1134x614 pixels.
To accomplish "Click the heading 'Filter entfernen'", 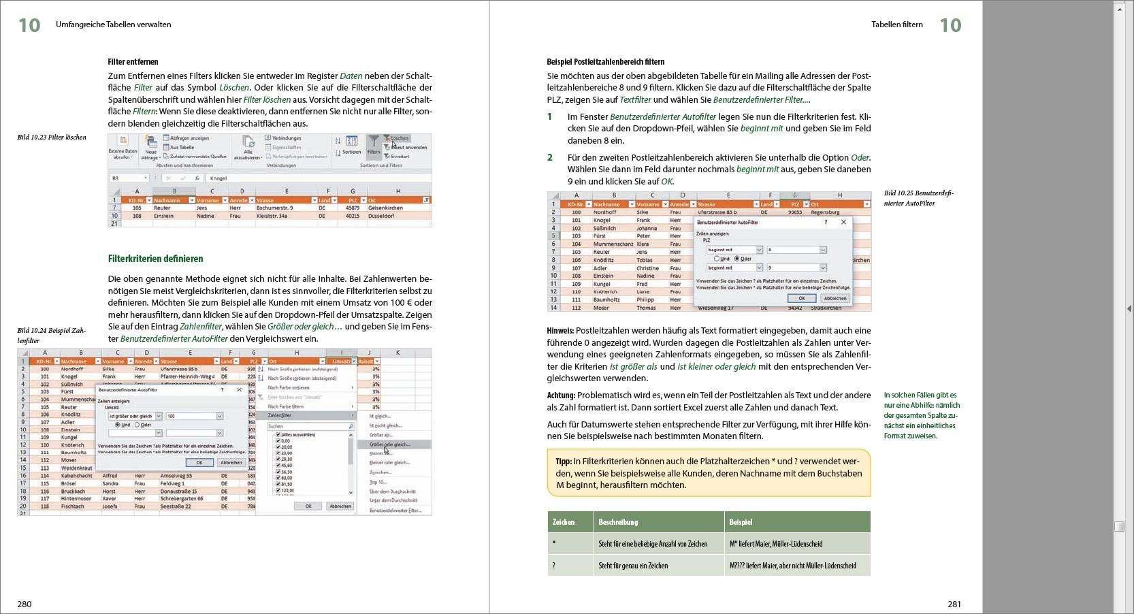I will click(133, 62).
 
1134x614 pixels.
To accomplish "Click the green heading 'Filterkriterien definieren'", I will click(155, 259).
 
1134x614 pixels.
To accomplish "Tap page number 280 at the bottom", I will click(25, 604).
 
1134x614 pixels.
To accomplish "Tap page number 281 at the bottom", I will click(954, 604).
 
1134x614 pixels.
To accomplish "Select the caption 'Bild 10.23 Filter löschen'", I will click(52, 138).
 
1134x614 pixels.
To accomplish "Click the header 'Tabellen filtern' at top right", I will click(896, 25).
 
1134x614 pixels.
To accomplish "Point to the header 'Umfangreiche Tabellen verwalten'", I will click(114, 25).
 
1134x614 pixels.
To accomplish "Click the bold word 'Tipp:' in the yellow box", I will click(563, 462).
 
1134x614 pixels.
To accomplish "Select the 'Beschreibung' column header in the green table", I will click(618, 522).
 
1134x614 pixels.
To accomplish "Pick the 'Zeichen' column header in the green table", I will click(564, 522).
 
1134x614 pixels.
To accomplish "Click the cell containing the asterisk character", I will click(554, 544).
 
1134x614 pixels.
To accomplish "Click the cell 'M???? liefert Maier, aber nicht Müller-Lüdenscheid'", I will click(792, 566).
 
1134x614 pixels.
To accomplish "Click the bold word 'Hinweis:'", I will click(560, 331).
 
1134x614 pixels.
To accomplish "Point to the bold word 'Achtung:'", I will click(561, 395).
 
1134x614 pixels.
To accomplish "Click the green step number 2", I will click(550, 158).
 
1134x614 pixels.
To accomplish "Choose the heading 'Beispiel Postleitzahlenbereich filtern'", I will click(605, 62).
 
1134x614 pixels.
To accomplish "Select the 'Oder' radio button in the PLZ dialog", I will click(737, 259).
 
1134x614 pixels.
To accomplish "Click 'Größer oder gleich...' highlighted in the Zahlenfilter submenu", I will click(389, 445).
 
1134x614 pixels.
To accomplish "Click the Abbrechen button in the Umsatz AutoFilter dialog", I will click(231, 462).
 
